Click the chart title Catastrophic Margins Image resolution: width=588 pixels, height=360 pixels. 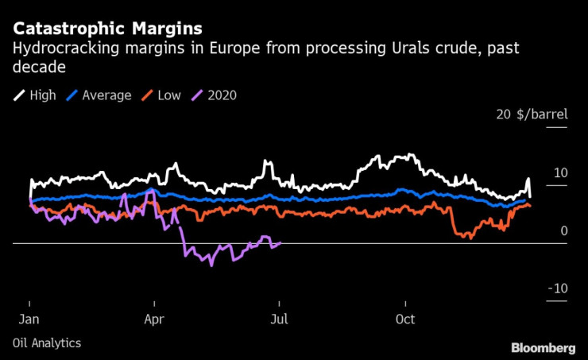pyautogui.click(x=107, y=30)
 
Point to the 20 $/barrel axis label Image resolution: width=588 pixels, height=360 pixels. pyautogui.click(x=532, y=114)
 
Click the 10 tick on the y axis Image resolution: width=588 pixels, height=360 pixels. pyautogui.click(x=560, y=172)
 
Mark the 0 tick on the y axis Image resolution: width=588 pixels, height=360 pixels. pyautogui.click(x=563, y=230)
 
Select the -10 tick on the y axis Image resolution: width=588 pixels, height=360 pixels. pyautogui.click(x=557, y=288)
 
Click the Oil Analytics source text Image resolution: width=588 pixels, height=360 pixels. pyautogui.click(x=47, y=343)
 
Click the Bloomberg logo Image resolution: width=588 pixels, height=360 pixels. pyautogui.click(x=544, y=347)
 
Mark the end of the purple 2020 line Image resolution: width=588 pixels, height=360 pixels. pyautogui.click(x=281, y=243)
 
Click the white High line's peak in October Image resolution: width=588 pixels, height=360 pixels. pyautogui.click(x=409, y=155)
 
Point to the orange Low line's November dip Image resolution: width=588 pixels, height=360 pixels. pyautogui.click(x=470, y=237)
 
